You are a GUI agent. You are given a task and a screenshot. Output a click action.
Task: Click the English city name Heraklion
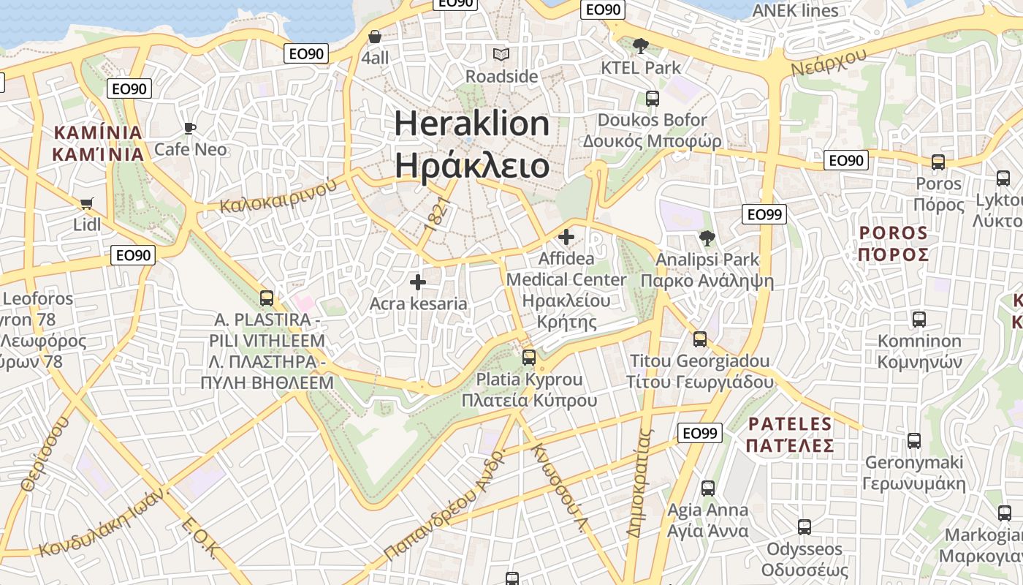coord(471,123)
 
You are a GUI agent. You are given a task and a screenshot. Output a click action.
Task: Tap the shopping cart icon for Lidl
coord(87,203)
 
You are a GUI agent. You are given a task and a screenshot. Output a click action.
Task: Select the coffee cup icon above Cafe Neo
coord(190,129)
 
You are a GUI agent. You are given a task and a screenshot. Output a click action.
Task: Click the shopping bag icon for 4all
coord(375,37)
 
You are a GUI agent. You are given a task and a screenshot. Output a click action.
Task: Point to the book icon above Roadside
coord(501,55)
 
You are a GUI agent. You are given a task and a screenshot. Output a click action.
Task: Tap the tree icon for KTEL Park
coord(640,46)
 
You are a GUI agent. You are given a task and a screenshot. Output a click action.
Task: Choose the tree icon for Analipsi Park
coord(707,238)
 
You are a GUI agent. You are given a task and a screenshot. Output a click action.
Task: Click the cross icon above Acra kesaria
coord(418,282)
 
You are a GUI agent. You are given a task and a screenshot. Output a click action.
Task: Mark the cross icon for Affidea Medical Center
coord(566,237)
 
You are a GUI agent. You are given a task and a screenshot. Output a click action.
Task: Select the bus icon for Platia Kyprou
coord(529,358)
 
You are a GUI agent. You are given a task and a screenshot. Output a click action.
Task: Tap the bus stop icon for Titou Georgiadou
coord(700,339)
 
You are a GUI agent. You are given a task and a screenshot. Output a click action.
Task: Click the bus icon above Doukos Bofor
coord(652,98)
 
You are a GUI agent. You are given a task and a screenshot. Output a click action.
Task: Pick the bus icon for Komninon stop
coord(919,320)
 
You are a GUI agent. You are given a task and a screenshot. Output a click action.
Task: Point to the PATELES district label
coord(791,424)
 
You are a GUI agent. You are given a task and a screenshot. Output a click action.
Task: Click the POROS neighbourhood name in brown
coord(893,233)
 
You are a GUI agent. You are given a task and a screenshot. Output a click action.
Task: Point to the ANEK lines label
coord(796,10)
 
